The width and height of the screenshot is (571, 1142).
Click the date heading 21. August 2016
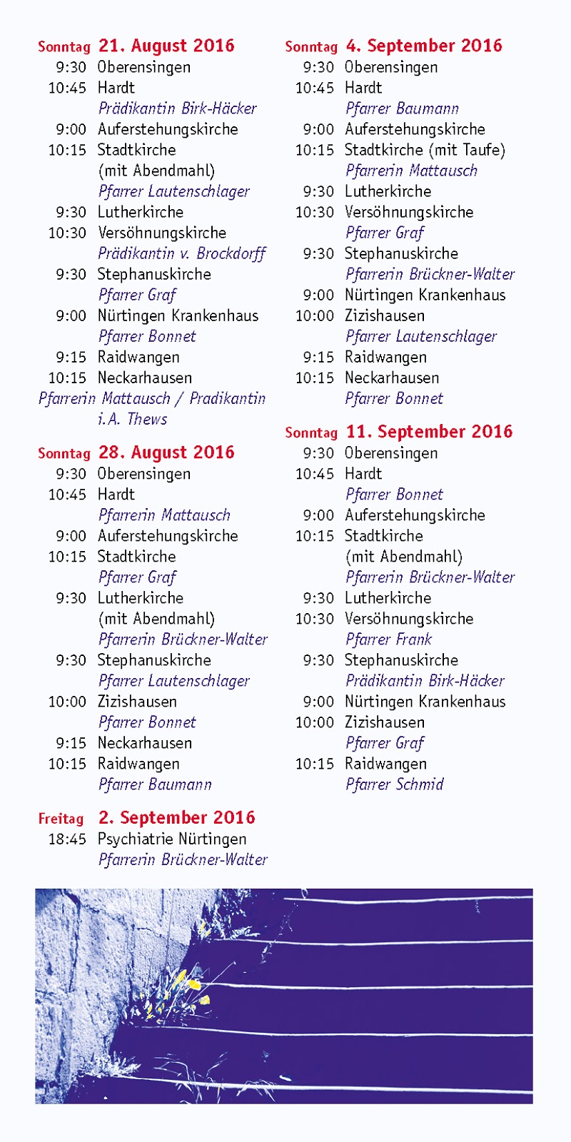(166, 46)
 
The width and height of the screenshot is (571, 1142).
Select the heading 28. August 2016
(166, 453)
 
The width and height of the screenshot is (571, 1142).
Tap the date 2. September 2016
(176, 818)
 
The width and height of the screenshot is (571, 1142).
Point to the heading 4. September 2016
(424, 46)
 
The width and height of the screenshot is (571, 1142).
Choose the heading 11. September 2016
(429, 432)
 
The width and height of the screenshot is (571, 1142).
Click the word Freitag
(61, 819)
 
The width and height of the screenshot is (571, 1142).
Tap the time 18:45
(67, 839)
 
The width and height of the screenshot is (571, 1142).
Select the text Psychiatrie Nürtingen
(172, 839)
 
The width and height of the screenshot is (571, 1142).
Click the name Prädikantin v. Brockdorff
(182, 253)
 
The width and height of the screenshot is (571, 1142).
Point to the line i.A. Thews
(133, 419)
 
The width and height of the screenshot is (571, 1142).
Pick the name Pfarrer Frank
(389, 640)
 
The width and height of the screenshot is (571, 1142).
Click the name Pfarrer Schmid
(395, 784)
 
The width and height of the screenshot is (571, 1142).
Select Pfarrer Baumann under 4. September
(402, 108)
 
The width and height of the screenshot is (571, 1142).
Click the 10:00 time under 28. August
(67, 702)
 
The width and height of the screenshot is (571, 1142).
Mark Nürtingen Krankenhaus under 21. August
(178, 315)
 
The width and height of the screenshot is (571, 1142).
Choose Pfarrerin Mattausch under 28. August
(164, 515)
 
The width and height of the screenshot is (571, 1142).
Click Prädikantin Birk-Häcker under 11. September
(425, 681)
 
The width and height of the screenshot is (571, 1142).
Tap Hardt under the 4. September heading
(363, 88)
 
